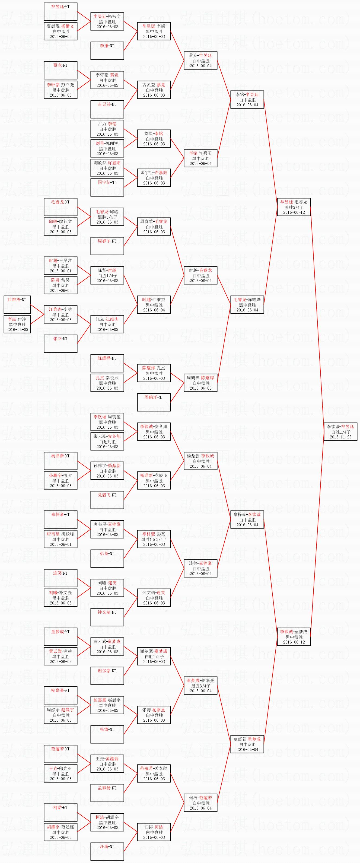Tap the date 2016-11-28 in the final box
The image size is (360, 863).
(340, 437)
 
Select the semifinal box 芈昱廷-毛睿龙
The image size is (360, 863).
(294, 207)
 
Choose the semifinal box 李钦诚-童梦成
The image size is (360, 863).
(294, 636)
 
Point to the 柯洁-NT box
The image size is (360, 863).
(60, 812)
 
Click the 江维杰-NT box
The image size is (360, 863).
(17, 304)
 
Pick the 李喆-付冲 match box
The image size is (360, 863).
(17, 324)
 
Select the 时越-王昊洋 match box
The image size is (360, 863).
(60, 266)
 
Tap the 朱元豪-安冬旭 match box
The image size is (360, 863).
(107, 441)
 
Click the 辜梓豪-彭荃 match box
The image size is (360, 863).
(154, 539)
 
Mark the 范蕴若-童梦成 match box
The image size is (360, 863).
(247, 744)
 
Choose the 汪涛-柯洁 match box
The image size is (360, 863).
(154, 832)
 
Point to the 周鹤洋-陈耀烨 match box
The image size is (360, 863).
(200, 383)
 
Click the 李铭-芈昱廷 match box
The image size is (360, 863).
(247, 100)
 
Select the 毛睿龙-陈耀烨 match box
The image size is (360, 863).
(247, 304)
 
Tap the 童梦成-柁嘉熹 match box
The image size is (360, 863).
(200, 686)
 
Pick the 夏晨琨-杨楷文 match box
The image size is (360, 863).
(60, 31)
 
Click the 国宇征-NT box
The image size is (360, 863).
(107, 187)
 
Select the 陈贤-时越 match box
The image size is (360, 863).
(107, 275)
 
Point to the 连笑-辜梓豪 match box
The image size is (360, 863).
(200, 568)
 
